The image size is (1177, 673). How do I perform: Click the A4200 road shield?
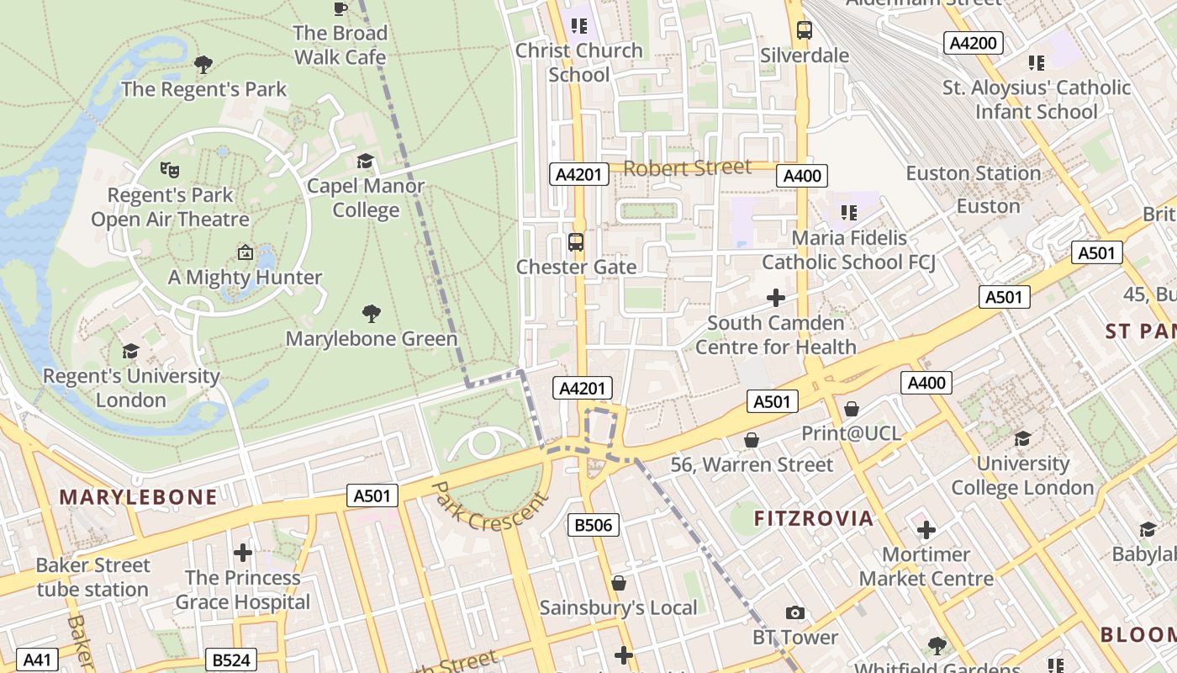click(x=973, y=43)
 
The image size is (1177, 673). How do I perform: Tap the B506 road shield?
click(x=593, y=526)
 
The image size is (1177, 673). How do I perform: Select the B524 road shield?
click(x=230, y=660)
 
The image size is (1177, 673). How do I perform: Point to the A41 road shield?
click(x=37, y=660)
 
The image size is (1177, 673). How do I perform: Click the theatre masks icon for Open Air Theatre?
click(x=170, y=169)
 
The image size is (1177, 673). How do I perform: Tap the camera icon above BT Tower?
click(x=794, y=612)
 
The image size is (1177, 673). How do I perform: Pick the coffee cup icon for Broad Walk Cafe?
click(x=340, y=8)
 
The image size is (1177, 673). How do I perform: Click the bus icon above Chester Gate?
click(x=576, y=242)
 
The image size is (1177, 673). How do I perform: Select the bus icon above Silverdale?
click(x=805, y=30)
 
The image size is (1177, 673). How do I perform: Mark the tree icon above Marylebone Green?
click(x=372, y=314)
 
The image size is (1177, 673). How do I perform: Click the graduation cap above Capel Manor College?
click(x=365, y=161)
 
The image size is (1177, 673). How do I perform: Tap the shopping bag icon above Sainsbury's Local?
click(x=619, y=583)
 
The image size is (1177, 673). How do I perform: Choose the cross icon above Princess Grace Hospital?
click(x=243, y=553)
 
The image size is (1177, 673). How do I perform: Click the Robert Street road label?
click(x=687, y=167)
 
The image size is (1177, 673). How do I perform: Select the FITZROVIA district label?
click(x=813, y=518)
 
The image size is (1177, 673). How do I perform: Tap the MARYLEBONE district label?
click(x=138, y=496)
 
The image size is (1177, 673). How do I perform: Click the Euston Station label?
click(x=973, y=173)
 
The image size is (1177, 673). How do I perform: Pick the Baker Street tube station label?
click(x=92, y=577)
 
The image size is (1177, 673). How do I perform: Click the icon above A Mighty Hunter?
click(x=245, y=252)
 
